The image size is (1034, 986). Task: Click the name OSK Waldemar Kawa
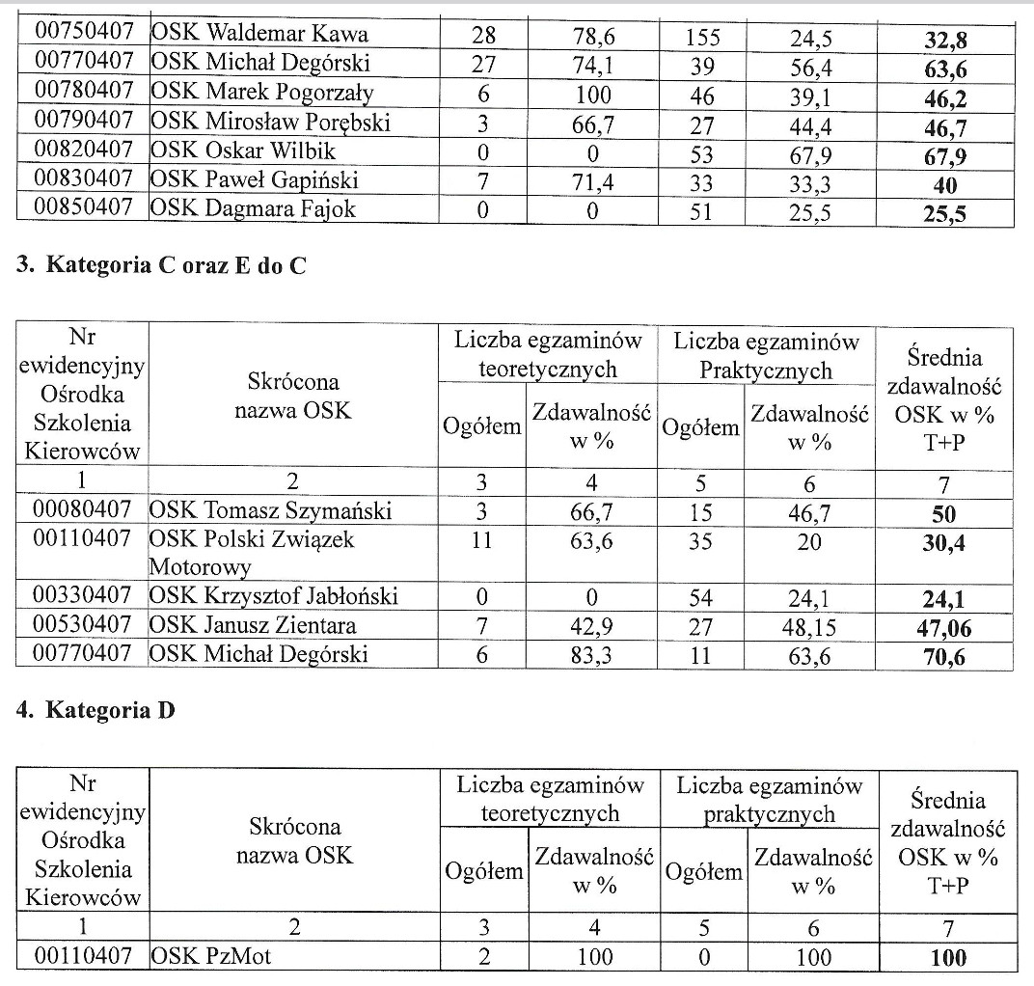click(x=259, y=36)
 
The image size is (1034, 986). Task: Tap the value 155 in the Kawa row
click(x=703, y=38)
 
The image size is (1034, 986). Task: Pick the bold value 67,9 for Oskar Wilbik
click(x=944, y=156)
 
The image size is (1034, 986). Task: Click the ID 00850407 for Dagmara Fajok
click(x=81, y=208)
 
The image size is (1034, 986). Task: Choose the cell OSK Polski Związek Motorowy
click(x=253, y=552)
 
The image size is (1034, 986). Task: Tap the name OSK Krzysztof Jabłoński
click(x=275, y=597)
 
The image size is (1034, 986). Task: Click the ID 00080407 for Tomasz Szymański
click(x=81, y=510)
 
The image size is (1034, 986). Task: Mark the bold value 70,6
click(x=944, y=658)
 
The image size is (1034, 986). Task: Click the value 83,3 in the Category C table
click(x=592, y=656)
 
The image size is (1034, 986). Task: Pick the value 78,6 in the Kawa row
click(x=592, y=38)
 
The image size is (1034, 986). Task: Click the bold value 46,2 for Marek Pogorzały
click(x=944, y=98)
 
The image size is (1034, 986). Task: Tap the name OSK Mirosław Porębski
click(x=271, y=124)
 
